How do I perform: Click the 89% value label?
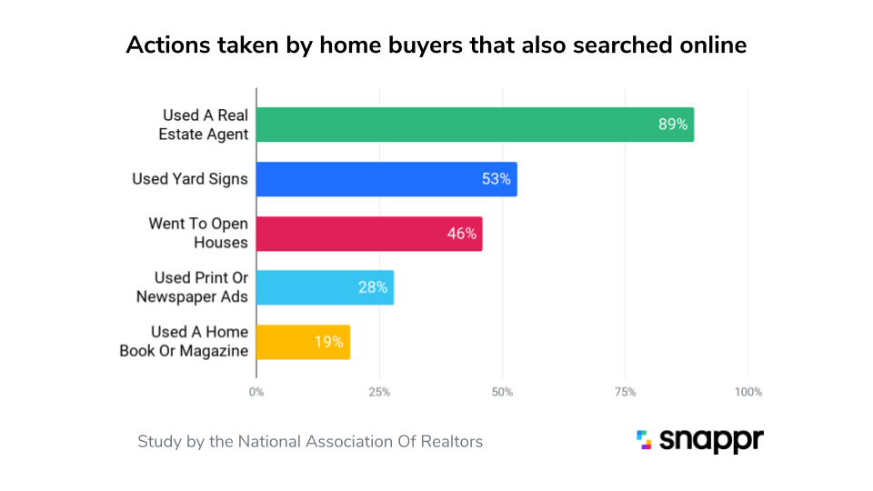point(673,125)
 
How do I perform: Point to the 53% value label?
point(497,179)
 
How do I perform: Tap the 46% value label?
point(461,234)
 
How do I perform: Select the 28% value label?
point(373,287)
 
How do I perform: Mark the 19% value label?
point(329,342)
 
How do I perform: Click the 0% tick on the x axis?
point(256,392)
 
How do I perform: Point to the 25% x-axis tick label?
point(379,392)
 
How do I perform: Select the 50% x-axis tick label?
point(502,392)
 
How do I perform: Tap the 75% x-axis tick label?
point(625,392)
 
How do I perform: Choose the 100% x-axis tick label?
point(748,392)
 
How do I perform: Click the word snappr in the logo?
point(711,441)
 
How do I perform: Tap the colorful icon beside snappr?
point(644,440)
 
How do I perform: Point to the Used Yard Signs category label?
point(190,179)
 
